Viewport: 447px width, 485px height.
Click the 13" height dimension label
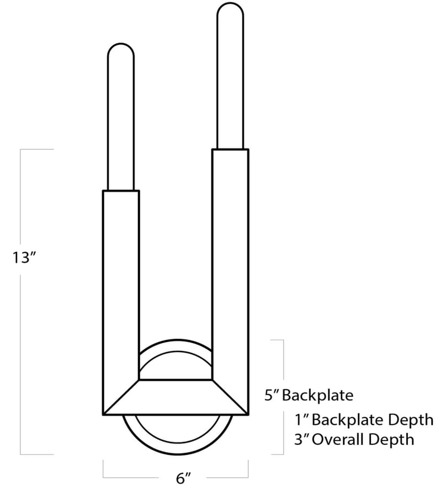25,257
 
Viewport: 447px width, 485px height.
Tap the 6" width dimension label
183,478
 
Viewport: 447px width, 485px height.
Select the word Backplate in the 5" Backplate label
317,395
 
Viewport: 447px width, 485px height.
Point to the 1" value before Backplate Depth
302,420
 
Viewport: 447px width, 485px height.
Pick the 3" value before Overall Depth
302,439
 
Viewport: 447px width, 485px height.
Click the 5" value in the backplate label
272,395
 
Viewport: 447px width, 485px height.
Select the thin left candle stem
121,117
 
